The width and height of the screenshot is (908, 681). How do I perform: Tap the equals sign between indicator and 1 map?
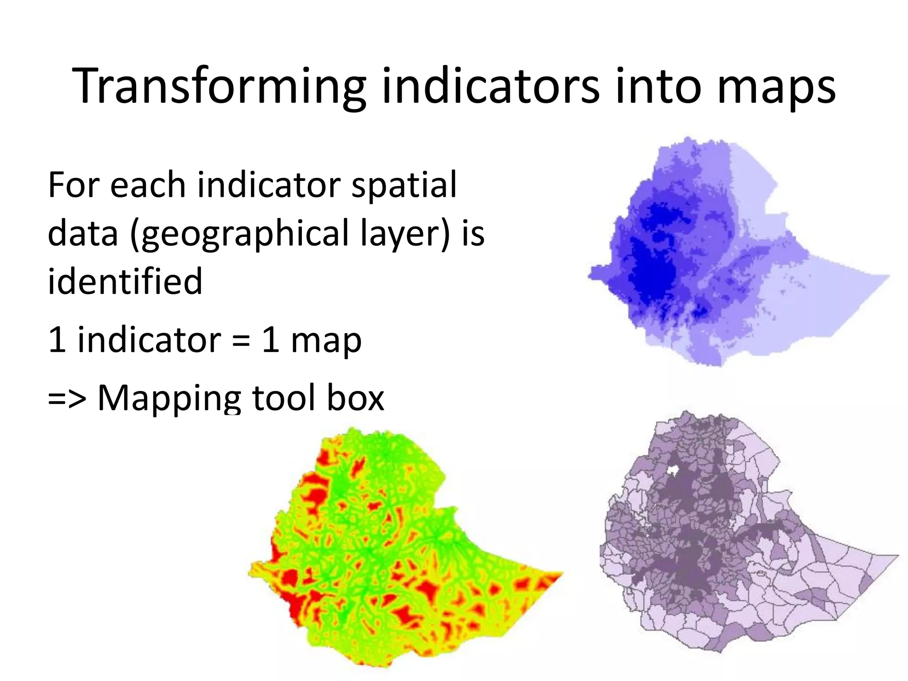241,340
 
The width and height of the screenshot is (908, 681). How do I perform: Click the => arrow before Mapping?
67,398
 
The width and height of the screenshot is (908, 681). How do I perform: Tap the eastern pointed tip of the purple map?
896,555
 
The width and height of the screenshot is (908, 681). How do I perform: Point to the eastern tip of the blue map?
888,276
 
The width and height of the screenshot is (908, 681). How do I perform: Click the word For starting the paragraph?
74,185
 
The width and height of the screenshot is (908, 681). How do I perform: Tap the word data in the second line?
82,234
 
